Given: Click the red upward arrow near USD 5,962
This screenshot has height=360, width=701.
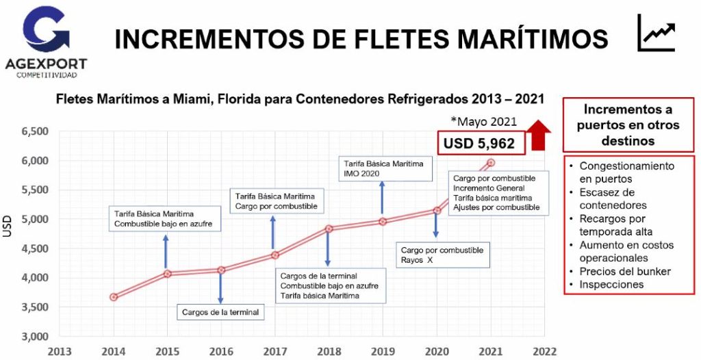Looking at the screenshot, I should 541,136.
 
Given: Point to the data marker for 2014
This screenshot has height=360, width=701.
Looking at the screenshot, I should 113,297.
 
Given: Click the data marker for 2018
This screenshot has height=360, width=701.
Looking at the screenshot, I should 329,229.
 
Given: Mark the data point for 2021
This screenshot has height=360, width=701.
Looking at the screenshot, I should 491,163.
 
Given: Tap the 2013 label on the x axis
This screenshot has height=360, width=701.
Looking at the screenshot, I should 60,351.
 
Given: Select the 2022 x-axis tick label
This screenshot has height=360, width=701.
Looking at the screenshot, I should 545,351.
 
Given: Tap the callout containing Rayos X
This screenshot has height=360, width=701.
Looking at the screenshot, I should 442,255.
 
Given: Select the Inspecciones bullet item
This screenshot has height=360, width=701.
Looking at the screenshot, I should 611,284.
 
